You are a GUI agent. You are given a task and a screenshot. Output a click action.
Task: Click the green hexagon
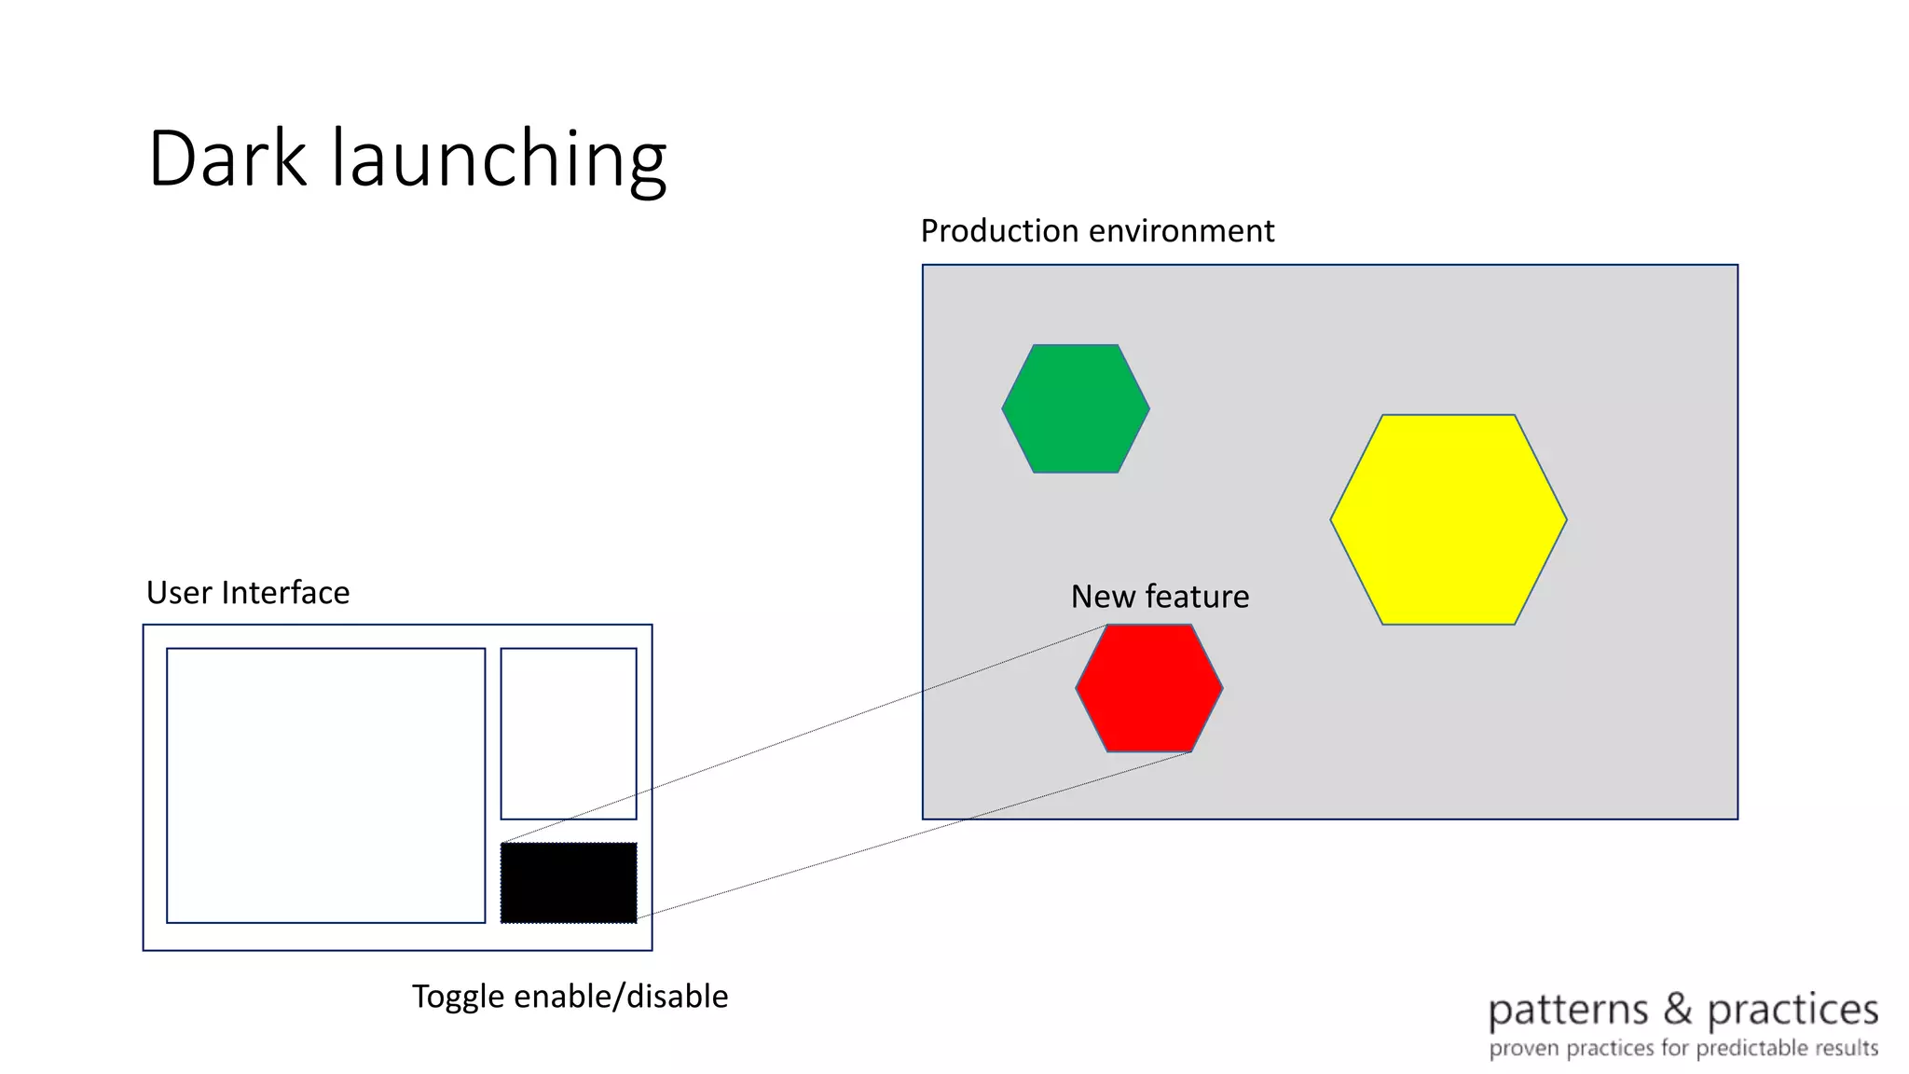pos(1076,408)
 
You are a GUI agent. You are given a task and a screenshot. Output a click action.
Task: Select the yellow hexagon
pos(1448,519)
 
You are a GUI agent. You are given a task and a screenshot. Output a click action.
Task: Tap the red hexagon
pos(1148,688)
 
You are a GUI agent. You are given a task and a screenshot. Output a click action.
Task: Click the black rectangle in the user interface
pos(569,883)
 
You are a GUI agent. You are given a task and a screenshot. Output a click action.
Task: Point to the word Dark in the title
pos(227,158)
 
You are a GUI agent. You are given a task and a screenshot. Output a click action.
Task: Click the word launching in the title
pos(499,160)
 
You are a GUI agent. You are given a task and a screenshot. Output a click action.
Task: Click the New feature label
pos(1160,596)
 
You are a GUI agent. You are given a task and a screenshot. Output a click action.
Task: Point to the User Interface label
pos(248,592)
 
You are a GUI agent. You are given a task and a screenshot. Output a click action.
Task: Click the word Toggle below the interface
pos(459,997)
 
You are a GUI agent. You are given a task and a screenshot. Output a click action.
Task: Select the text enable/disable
pos(621,996)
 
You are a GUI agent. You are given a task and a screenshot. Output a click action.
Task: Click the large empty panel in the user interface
pos(325,785)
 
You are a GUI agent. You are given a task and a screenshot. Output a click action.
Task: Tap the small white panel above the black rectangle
pos(569,734)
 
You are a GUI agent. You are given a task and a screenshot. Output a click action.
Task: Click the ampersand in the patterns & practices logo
pos(1677,1009)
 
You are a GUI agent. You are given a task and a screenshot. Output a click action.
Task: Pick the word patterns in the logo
pos(1568,1012)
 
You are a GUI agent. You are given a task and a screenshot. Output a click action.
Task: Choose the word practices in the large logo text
pos(1792,1012)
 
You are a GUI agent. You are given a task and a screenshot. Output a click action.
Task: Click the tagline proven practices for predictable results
pos(1682,1048)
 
